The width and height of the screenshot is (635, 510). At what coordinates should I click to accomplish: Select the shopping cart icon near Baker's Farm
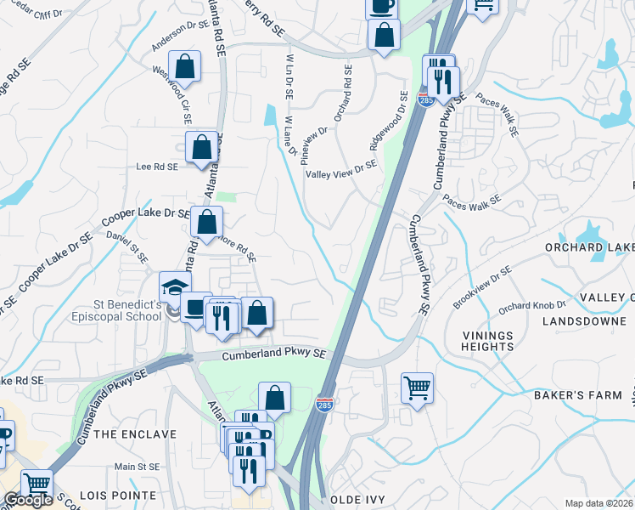[417, 388]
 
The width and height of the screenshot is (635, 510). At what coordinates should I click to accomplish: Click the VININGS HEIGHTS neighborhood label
[488, 341]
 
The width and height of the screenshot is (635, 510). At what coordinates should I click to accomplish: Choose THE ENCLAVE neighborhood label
[135, 434]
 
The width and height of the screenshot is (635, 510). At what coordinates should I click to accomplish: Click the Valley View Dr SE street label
[340, 173]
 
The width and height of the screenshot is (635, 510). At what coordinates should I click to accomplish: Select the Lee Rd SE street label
[157, 167]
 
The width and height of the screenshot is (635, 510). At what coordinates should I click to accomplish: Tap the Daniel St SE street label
[127, 246]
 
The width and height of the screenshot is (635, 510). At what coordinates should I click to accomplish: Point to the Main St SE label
[137, 467]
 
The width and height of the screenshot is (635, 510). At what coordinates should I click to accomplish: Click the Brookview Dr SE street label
[481, 286]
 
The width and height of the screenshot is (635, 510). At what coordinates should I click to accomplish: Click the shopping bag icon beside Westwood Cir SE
[184, 67]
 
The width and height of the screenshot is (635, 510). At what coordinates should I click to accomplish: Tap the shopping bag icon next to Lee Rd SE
[203, 147]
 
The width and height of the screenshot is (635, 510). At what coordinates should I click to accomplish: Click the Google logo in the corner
[28, 501]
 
